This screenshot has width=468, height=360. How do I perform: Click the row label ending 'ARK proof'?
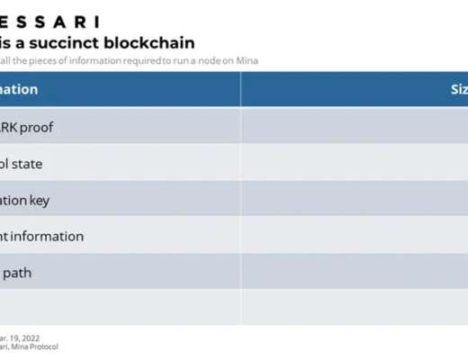tap(27, 128)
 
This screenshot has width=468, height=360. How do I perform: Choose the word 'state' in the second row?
tap(27, 164)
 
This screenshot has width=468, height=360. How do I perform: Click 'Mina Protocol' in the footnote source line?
tap(39, 346)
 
